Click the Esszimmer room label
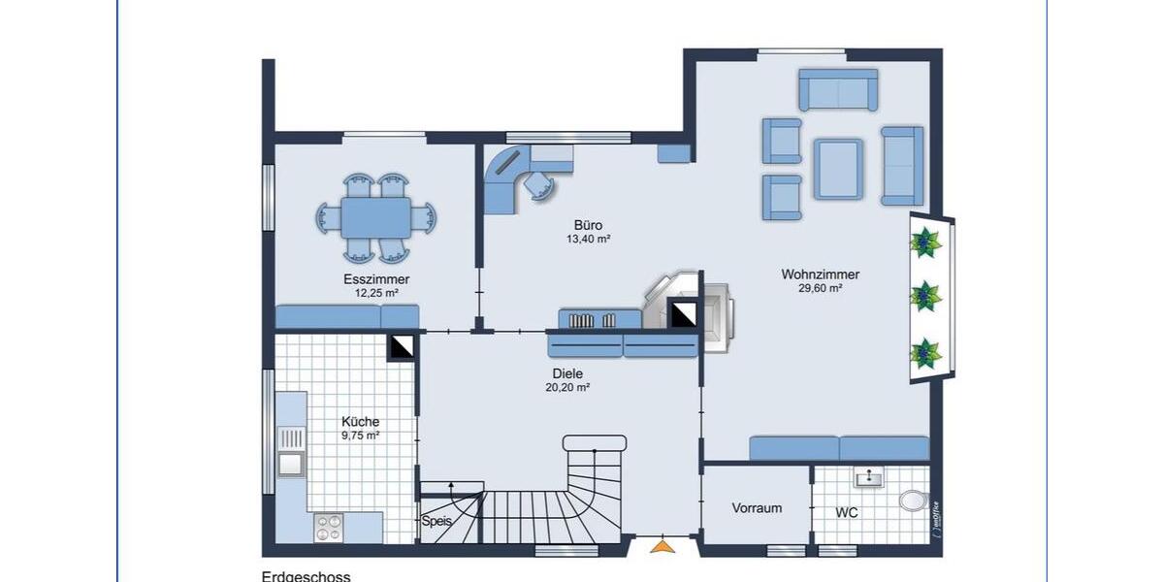376,279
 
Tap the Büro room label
588,225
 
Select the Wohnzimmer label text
820,275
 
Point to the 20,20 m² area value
567,387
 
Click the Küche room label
360,422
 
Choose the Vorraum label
757,508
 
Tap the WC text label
847,510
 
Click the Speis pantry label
436,521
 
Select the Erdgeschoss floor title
306,576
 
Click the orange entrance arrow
662,547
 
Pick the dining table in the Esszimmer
375,217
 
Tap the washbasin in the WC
869,477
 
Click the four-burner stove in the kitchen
327,527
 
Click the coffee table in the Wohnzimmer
838,169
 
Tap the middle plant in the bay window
927,294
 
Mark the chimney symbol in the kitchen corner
401,346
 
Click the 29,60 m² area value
820,288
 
